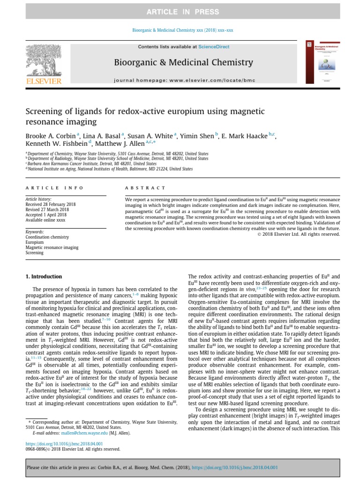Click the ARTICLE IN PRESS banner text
180,12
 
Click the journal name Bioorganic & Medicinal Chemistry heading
183,62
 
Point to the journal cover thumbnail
322,63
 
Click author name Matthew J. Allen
124,144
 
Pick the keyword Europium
35,242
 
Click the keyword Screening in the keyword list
35,253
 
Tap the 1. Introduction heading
44,277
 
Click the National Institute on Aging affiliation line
110,169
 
